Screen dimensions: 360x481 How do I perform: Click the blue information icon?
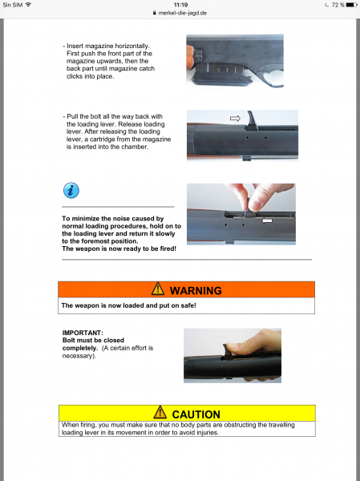click(x=71, y=191)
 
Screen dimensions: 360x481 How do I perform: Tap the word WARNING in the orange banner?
click(x=196, y=290)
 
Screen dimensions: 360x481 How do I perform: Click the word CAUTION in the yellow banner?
click(x=196, y=414)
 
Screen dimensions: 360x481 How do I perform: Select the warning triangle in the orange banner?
click(x=158, y=289)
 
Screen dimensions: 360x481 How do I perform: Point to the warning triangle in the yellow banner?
click(x=160, y=412)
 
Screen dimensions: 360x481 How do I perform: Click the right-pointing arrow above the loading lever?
click(x=235, y=119)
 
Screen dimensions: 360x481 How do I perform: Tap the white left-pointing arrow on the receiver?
click(x=267, y=220)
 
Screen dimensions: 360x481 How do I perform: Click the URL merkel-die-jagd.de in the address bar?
click(x=182, y=13)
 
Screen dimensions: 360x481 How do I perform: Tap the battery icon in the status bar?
click(x=351, y=5)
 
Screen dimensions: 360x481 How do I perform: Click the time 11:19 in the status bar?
click(x=180, y=5)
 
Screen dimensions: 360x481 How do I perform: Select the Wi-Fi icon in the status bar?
click(x=28, y=5)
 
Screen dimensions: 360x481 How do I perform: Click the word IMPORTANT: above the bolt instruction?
click(x=83, y=333)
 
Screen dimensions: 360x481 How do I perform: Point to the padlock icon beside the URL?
click(x=155, y=13)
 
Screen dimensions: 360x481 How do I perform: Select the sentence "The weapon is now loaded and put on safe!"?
click(x=128, y=305)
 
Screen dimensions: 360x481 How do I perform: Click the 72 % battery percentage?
click(x=338, y=5)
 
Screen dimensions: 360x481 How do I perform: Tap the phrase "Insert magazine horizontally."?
click(x=108, y=46)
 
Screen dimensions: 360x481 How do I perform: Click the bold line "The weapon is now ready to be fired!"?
click(x=119, y=249)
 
